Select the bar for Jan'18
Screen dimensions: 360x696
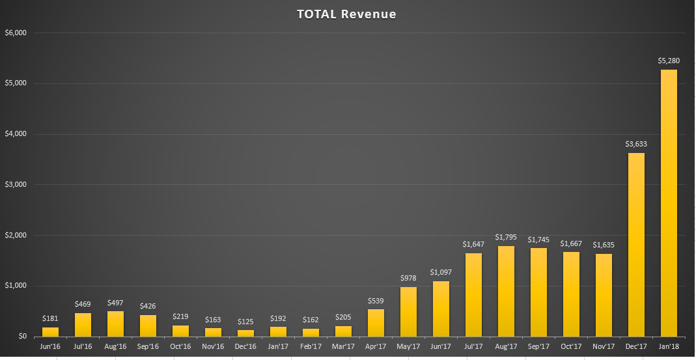[669, 203]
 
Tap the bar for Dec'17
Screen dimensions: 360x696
[636, 245]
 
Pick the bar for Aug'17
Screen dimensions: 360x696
[506, 291]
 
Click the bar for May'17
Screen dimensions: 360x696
[408, 312]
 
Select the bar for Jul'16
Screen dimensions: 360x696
[83, 325]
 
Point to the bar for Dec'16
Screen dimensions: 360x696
[245, 333]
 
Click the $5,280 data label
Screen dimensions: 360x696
[669, 61]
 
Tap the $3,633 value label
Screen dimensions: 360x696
[636, 144]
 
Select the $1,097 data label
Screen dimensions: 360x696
[441, 272]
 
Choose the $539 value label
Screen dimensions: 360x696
[376, 300]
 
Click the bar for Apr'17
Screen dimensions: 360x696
[376, 322]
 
